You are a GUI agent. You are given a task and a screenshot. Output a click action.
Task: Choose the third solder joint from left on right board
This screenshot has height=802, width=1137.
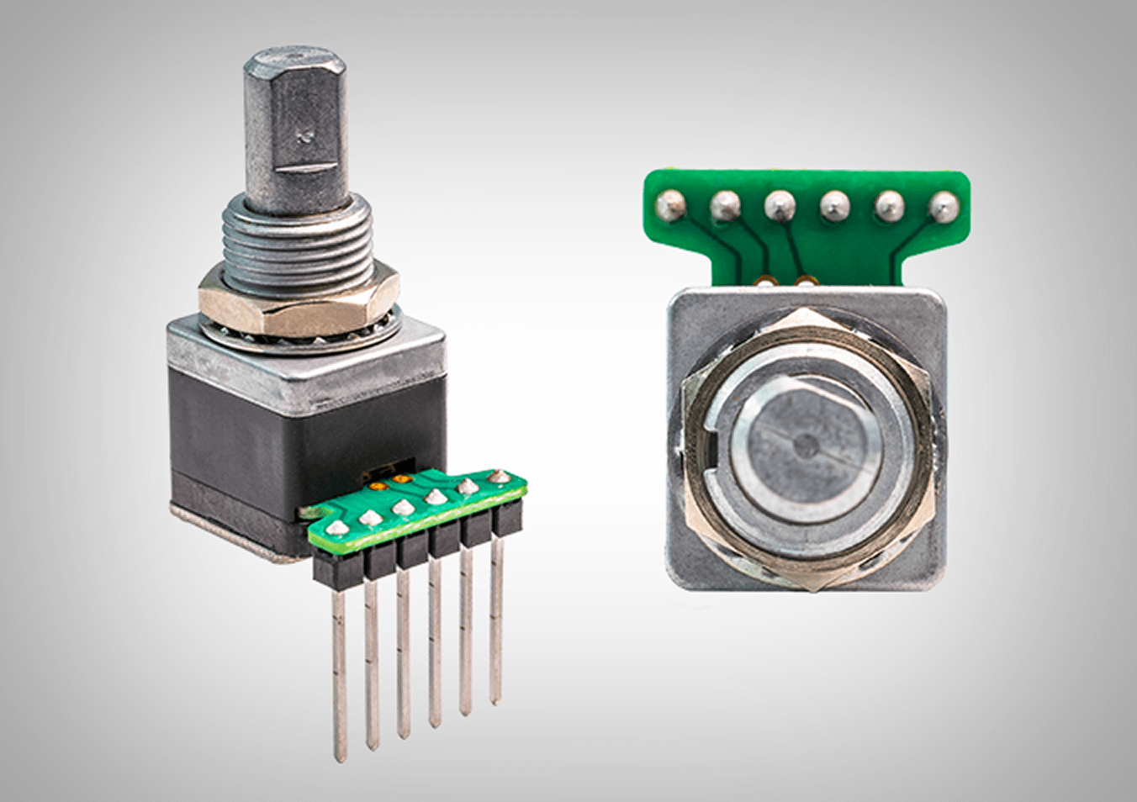coord(779,203)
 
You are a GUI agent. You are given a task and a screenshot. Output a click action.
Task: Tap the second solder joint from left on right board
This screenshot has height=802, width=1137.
coord(725,203)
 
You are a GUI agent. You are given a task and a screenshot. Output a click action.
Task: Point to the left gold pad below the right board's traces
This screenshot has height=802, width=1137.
coord(766,278)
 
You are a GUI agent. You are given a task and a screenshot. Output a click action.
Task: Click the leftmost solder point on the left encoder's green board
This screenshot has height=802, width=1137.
coord(336,528)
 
